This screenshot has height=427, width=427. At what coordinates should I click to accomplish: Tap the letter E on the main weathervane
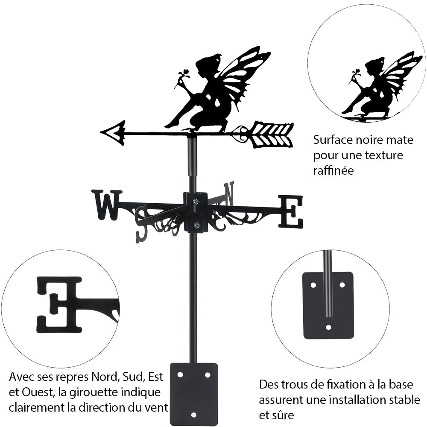click(291, 211)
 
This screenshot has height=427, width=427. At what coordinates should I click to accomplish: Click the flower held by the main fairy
click(185, 73)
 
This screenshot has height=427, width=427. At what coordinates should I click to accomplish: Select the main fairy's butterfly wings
click(243, 75)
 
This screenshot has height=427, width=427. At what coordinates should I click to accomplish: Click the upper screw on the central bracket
click(196, 202)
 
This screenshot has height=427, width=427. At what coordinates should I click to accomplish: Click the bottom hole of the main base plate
click(194, 414)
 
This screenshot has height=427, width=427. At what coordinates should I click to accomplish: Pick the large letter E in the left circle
click(60, 304)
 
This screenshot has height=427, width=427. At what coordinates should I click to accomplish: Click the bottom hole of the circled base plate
click(328, 328)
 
